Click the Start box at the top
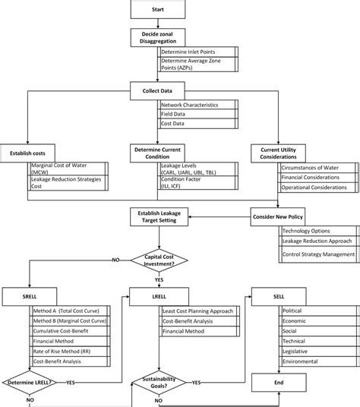click(157, 9)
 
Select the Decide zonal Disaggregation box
click(157, 39)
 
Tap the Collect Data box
click(157, 91)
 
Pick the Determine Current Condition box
click(157, 152)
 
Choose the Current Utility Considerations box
click(283, 152)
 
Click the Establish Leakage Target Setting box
click(157, 219)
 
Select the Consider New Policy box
click(283, 218)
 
